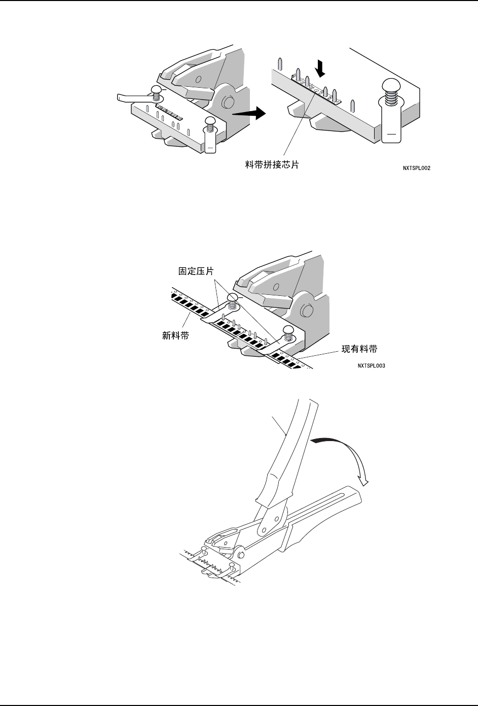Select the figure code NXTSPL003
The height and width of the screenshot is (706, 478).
click(371, 365)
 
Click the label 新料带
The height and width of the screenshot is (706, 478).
click(176, 335)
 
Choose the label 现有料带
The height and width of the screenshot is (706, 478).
click(359, 349)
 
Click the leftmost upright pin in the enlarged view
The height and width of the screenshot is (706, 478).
click(280, 64)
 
